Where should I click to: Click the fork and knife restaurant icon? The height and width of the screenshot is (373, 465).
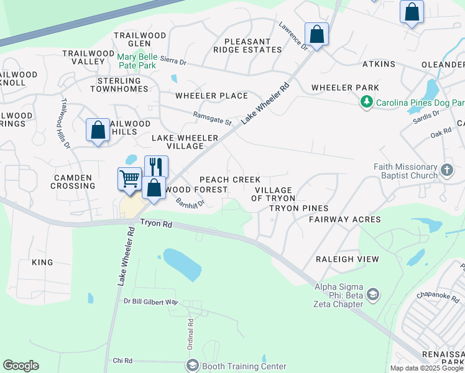tap(156, 167)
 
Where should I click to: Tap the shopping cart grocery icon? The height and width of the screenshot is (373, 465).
tap(129, 178)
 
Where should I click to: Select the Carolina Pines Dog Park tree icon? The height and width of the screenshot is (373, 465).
tap(367, 101)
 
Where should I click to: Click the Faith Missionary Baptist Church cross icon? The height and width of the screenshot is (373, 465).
tap(446, 170)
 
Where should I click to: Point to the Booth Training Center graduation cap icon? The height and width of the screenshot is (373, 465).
tap(192, 366)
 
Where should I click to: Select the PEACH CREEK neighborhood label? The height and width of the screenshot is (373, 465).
tap(230, 180)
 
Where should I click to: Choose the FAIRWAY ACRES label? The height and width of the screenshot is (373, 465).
tap(344, 219)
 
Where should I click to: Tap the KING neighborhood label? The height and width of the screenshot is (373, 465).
tap(42, 262)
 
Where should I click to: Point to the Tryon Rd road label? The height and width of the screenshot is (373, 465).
tap(155, 223)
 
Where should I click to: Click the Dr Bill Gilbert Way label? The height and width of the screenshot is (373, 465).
tap(150, 302)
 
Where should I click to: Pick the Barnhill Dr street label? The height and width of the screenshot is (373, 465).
tap(190, 203)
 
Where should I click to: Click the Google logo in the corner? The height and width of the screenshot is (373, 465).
tap(21, 366)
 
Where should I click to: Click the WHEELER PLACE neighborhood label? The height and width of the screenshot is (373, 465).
tap(211, 96)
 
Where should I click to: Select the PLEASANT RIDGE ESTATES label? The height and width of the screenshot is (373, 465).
tap(242, 45)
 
